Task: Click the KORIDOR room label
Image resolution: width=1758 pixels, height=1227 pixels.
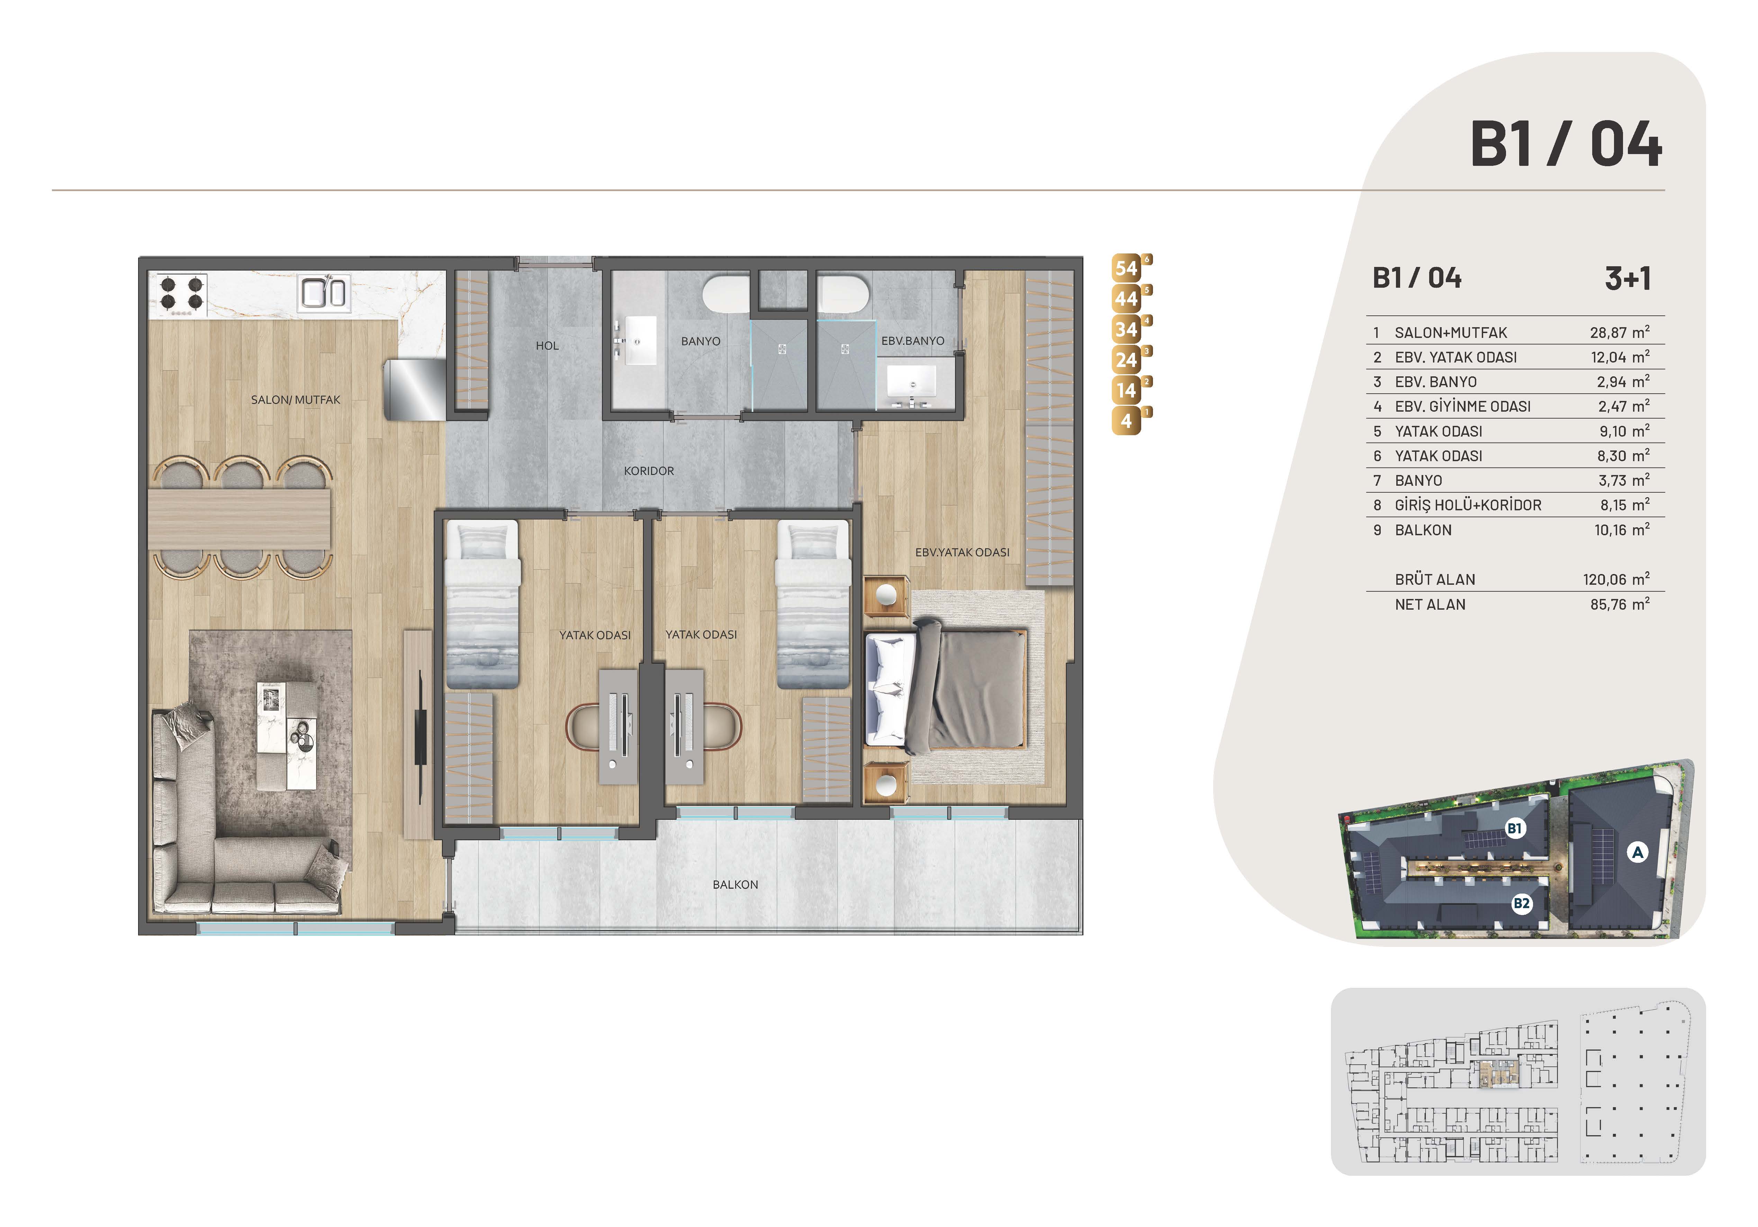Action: click(649, 471)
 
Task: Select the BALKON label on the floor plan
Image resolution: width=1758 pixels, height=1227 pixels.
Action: click(735, 885)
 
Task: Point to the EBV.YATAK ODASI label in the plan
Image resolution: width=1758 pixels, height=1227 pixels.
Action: click(963, 552)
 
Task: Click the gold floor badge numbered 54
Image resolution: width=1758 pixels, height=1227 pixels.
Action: click(1127, 269)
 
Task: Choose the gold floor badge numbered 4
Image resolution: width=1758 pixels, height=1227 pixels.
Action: click(1126, 421)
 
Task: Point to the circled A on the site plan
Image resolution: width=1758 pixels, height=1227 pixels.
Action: click(1637, 852)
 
